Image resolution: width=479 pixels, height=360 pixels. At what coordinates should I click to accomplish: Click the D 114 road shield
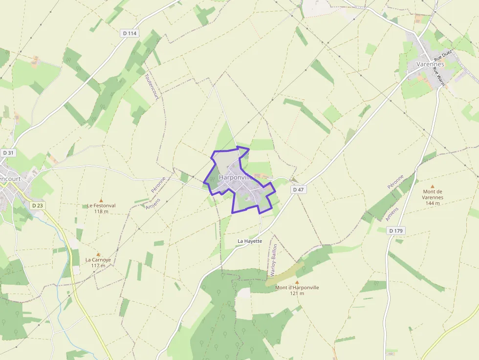(130, 33)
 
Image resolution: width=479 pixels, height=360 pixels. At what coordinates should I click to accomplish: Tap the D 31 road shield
(8, 153)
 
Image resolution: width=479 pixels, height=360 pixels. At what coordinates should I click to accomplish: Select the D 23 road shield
(38, 206)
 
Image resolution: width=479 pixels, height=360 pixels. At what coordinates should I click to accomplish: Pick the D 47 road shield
(298, 189)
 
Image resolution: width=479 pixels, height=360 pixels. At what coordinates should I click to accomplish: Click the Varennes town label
(430, 64)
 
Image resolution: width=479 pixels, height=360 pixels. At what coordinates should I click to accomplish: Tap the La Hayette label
(250, 241)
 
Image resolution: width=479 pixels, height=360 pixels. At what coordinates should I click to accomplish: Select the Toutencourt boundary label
(152, 87)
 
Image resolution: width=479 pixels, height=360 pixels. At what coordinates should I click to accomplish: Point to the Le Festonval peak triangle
(101, 200)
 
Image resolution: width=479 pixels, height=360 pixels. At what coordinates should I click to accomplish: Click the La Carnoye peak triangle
(98, 254)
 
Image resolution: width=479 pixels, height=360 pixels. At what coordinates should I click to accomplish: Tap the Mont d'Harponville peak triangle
(297, 282)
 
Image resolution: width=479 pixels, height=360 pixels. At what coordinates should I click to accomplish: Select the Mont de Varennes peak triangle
(432, 186)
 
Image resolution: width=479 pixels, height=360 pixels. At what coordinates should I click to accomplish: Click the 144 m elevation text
(433, 203)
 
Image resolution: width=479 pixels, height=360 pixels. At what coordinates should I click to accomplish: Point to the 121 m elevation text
(297, 294)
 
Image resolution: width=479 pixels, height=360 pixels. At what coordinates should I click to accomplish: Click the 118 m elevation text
(101, 212)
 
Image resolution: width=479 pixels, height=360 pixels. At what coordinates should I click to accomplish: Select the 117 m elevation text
(98, 266)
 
